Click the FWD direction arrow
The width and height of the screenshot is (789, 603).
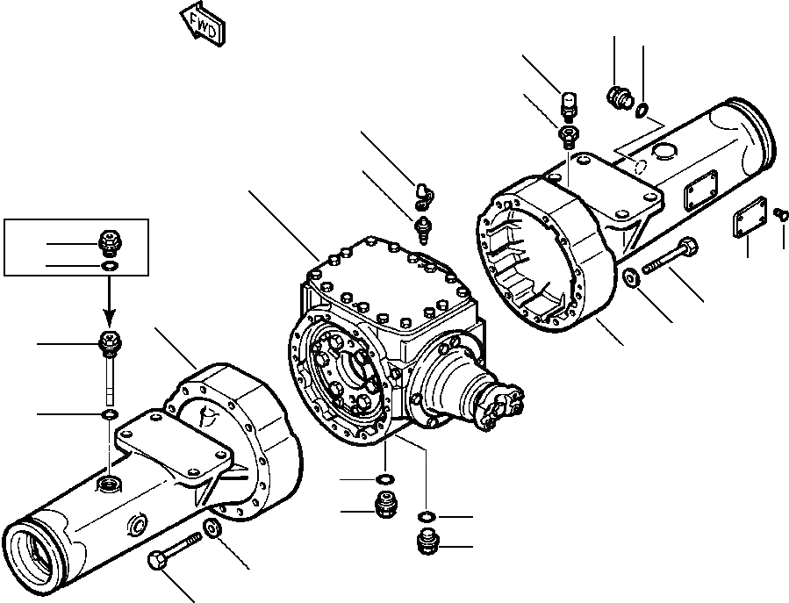click(203, 25)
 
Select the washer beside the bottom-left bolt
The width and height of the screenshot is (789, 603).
click(212, 528)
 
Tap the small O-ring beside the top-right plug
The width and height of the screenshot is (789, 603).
click(643, 110)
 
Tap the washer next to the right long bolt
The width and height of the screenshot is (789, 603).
click(630, 279)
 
